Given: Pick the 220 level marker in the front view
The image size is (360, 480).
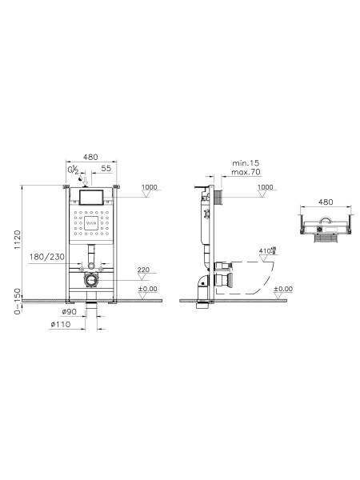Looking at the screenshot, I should pos(144,269).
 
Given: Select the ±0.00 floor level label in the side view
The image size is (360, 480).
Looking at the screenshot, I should pos(283,289).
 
